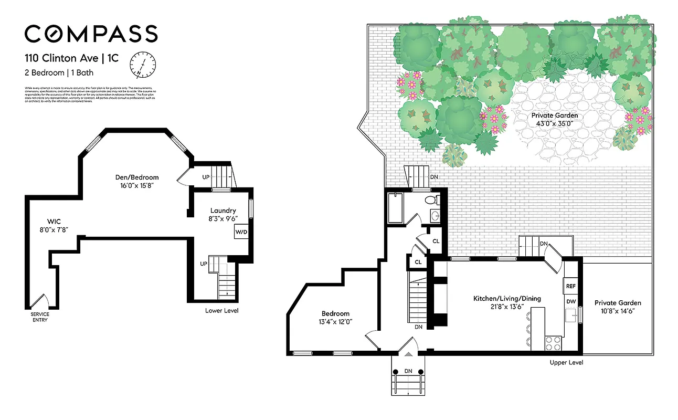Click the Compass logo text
tap(91, 34)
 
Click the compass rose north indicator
tap(143, 64)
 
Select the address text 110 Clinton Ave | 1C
tap(71, 58)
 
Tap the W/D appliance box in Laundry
tap(241, 232)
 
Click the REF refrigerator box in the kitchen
tap(570, 287)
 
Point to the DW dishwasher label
tap(570, 302)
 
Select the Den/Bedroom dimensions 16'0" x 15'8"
tap(137, 185)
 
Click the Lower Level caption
tap(221, 311)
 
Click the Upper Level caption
tap(566, 363)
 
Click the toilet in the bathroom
tap(430, 200)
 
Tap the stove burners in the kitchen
tap(553, 343)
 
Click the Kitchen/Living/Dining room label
tap(506, 298)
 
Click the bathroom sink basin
tap(436, 216)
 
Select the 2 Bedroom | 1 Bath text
tap(59, 73)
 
